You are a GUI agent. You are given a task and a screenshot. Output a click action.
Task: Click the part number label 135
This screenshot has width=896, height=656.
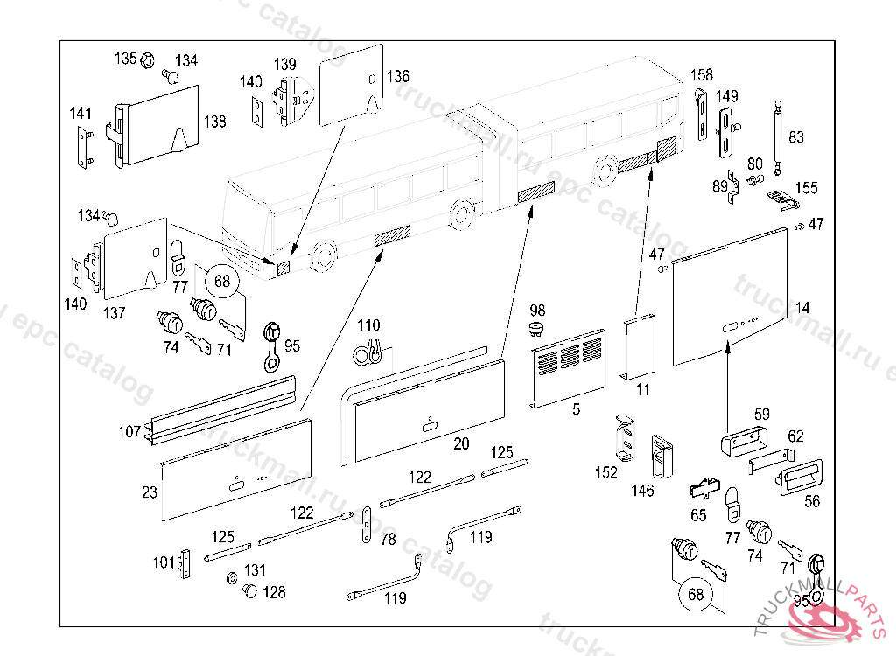tap(126, 59)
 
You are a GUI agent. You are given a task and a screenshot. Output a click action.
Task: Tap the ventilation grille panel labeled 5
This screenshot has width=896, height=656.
tap(570, 367)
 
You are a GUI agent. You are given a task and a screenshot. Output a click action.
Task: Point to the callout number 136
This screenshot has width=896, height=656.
tap(398, 76)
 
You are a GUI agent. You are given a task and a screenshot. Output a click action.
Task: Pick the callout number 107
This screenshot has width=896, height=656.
tap(129, 431)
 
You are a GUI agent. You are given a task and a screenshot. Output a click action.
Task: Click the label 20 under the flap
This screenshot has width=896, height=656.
tap(461, 444)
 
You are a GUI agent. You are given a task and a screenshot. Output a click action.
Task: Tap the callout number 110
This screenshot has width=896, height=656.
tap(368, 326)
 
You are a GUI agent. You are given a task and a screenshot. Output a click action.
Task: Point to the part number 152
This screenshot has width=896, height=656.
tap(605, 472)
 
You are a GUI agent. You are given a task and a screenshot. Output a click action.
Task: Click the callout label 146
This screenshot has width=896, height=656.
tap(642, 491)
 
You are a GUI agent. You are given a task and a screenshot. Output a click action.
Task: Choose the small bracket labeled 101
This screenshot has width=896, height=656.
tap(185, 565)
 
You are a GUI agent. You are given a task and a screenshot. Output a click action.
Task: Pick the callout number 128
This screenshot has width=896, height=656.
tap(274, 592)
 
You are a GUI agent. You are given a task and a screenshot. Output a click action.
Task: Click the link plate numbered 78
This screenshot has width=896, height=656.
tap(367, 525)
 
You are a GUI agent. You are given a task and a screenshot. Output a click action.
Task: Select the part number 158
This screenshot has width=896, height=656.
tap(703, 74)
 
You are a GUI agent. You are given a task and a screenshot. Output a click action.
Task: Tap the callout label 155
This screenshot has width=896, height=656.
tap(806, 188)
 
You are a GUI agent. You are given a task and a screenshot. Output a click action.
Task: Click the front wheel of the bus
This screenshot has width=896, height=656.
tap(322, 255)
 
